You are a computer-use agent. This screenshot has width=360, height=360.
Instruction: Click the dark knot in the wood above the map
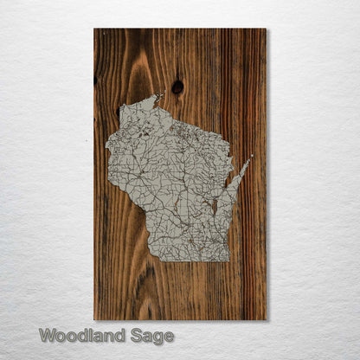point(177,87)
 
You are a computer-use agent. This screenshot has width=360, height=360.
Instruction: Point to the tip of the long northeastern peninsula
point(251,157)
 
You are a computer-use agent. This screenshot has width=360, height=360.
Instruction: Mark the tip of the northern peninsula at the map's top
point(160,95)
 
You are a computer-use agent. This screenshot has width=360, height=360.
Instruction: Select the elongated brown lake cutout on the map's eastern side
point(214,206)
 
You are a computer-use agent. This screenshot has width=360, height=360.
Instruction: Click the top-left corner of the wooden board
point(94,29)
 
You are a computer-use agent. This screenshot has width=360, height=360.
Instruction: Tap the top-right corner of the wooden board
point(266,29)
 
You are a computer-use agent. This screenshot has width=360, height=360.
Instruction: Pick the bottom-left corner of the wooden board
point(94,319)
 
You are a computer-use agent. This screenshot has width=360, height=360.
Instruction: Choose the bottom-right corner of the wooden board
point(266,319)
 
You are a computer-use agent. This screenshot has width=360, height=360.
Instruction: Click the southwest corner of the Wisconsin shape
point(151,259)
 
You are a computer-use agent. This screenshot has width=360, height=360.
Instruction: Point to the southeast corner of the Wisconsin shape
point(228,260)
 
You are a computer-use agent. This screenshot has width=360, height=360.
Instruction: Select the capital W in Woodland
point(47,336)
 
